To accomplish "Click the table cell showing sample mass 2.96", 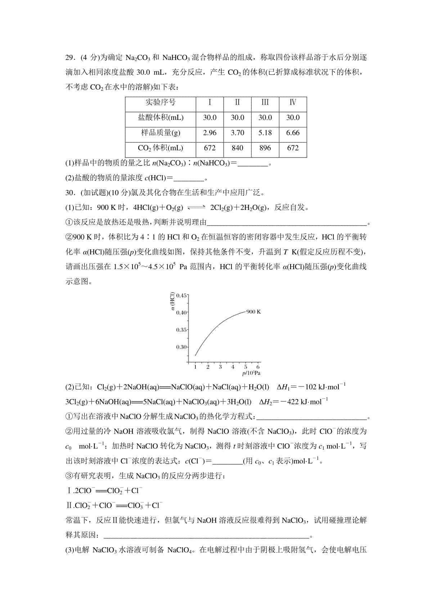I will [210, 133].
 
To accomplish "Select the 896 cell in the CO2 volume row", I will [265, 148].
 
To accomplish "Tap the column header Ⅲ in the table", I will [265, 102].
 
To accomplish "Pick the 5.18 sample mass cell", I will [265, 133].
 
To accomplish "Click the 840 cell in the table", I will [237, 148].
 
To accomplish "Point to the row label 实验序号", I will [161, 102].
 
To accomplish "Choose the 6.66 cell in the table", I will [293, 133].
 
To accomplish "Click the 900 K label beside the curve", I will [253, 312].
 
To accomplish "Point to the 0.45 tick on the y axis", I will [182, 296].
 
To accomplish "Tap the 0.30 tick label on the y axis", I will [182, 347].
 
